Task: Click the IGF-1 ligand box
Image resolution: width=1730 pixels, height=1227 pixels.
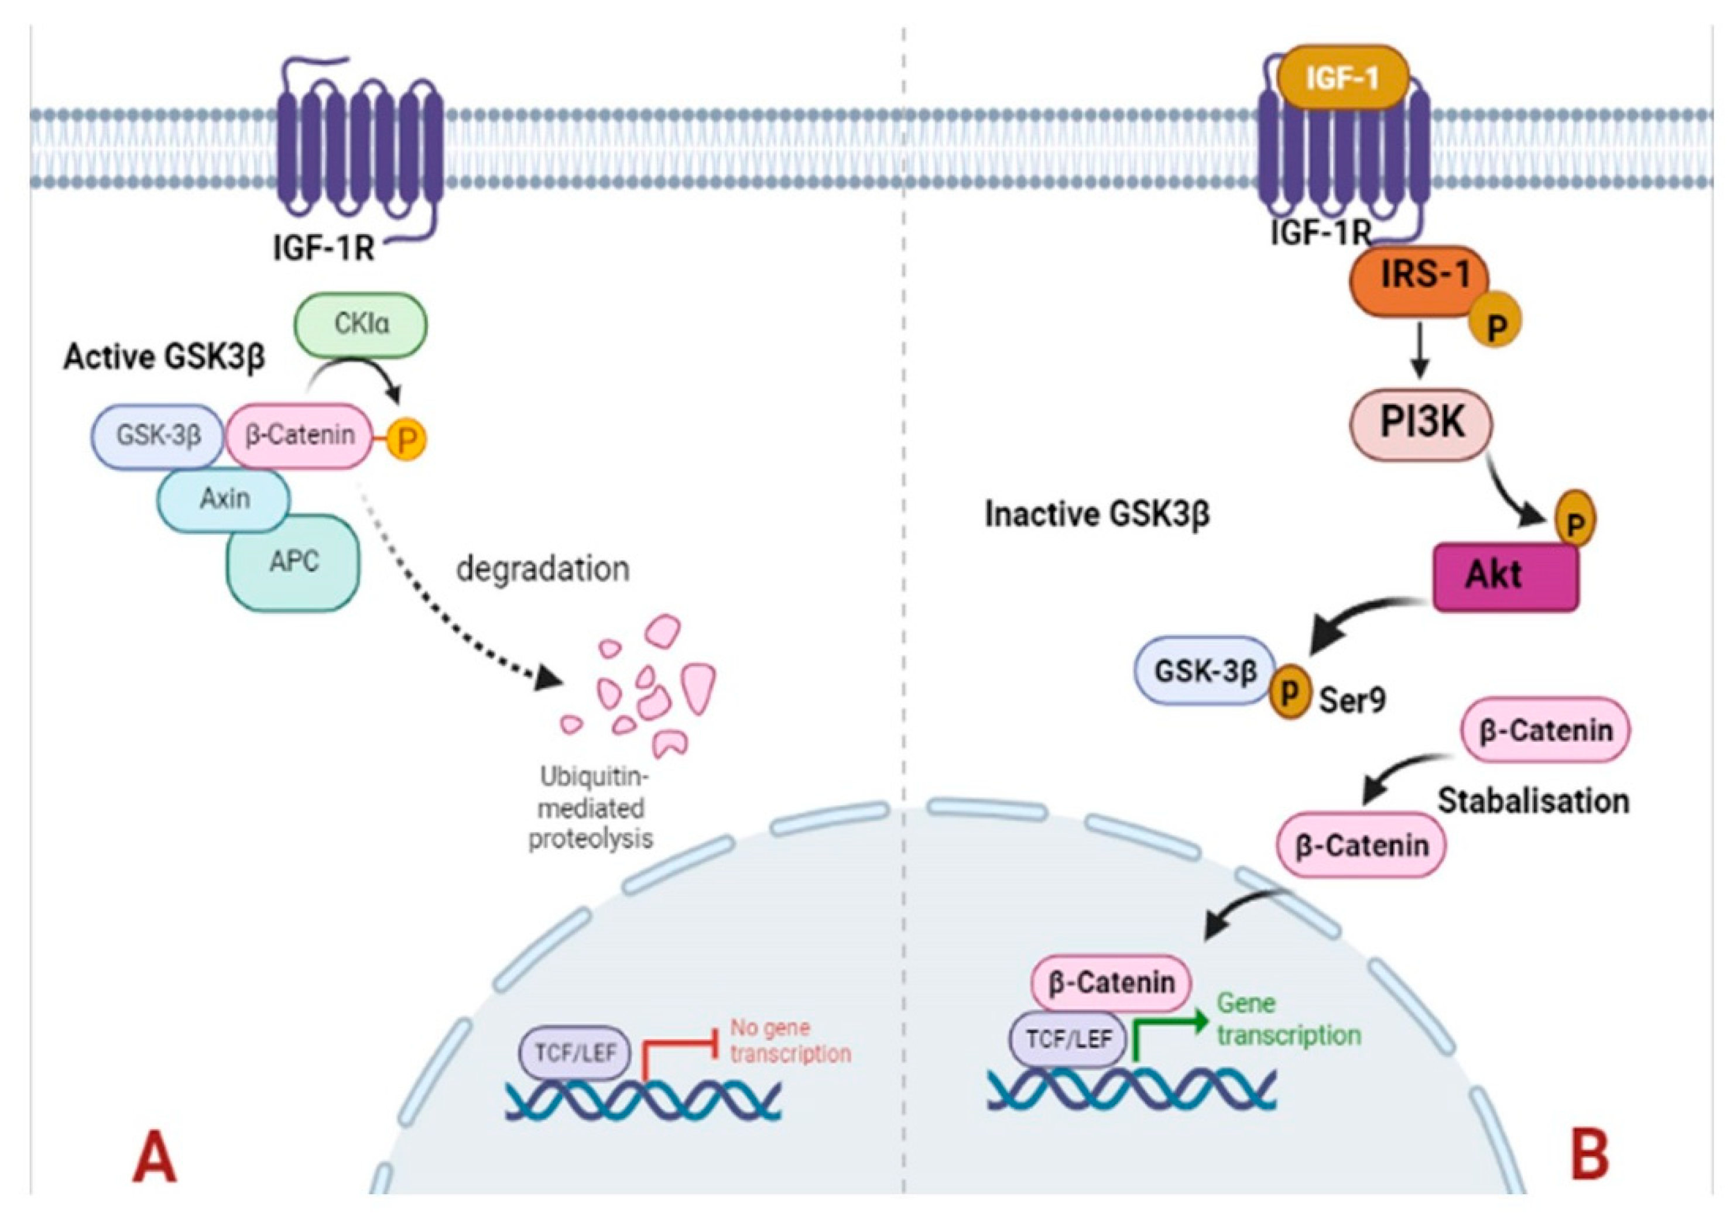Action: point(1342,78)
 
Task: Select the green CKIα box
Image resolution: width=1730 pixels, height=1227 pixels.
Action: point(361,325)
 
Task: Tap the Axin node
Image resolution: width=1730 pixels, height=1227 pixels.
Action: point(224,499)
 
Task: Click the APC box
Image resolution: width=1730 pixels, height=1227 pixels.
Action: point(293,562)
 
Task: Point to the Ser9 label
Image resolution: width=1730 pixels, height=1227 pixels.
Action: point(1352,700)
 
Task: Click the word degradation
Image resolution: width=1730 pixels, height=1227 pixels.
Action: point(542,569)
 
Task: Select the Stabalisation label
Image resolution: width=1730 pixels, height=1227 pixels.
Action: point(1533,801)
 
